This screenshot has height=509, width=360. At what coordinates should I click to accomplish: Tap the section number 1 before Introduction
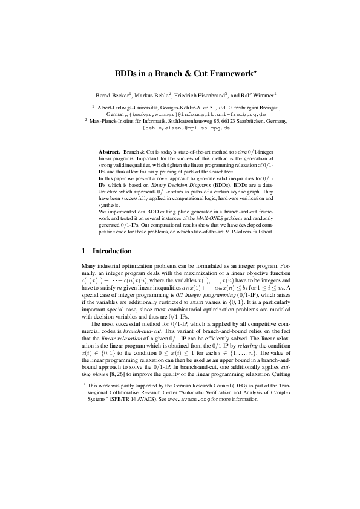(83, 250)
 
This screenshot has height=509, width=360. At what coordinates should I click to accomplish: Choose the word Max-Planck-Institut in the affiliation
(114, 121)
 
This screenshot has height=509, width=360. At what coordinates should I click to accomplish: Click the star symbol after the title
(255, 71)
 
